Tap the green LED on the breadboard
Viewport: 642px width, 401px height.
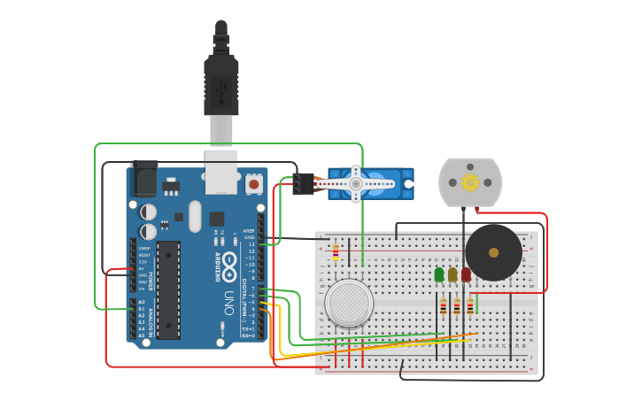[439, 275]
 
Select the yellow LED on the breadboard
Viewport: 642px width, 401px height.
[452, 275]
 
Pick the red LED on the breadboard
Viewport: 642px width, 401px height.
[466, 275]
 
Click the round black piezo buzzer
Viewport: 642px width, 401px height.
[493, 252]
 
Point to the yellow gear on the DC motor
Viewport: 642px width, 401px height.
[470, 182]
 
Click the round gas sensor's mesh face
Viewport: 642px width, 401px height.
[349, 302]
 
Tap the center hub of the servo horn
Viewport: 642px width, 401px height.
[356, 183]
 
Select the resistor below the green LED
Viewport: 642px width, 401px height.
[443, 307]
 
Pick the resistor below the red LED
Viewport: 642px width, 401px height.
[469, 307]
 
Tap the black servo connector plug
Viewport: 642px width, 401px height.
[303, 183]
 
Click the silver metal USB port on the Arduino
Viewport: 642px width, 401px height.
[221, 172]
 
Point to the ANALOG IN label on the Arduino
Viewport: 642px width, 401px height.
[151, 318]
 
